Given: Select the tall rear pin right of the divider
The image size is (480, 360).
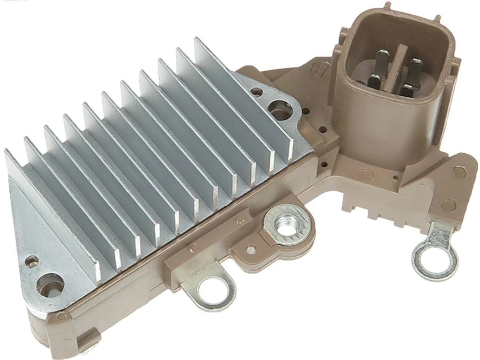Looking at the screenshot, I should tap(415, 69).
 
